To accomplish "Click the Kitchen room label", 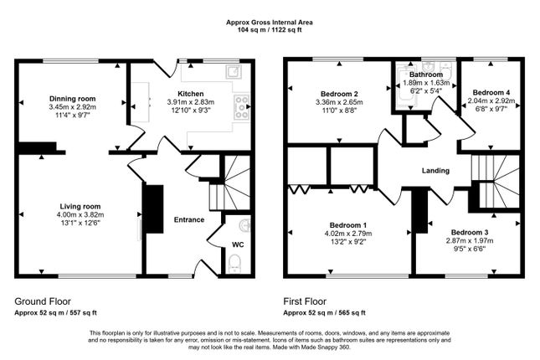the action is point(190,94).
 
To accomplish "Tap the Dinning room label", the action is point(72,99).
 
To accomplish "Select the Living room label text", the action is point(80,206).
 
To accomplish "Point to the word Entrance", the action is point(189,220).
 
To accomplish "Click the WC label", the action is point(238,244).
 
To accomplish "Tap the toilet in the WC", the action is point(235,264).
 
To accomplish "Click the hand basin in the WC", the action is point(244,226).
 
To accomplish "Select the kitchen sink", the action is point(234,71).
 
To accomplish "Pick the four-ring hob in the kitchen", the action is point(241,107).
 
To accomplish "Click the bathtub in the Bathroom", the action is point(403,88).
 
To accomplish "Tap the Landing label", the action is point(435,171).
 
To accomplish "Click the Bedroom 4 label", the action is point(491,92).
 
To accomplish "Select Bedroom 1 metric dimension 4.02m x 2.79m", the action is point(347,234).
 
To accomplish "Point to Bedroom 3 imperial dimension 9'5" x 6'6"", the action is point(470,249).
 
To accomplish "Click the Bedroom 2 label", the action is point(339,94).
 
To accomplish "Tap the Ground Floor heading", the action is point(43,301).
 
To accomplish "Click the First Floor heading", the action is point(305,301).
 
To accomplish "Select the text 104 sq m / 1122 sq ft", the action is point(270,29).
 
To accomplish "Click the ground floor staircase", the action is point(230,183).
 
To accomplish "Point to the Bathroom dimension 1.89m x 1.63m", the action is point(426,83).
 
